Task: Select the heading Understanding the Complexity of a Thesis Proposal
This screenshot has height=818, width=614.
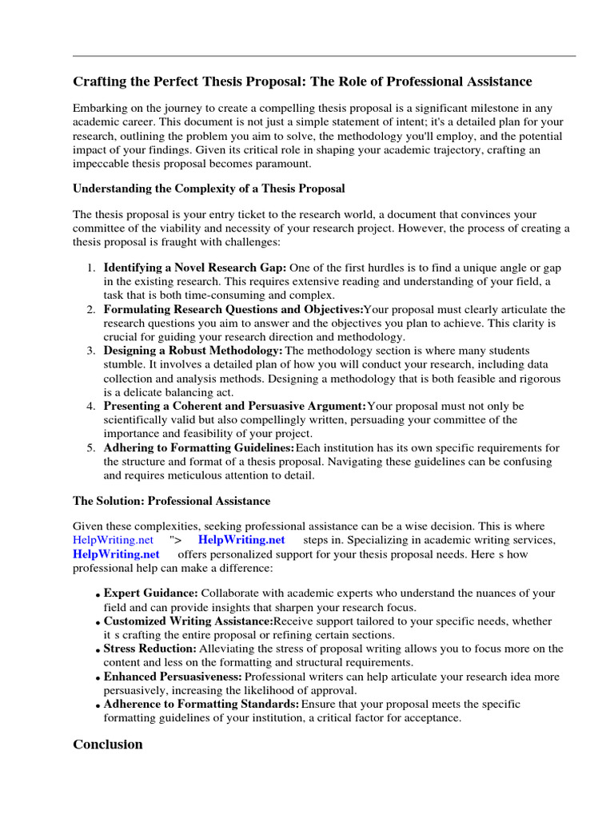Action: click(209, 189)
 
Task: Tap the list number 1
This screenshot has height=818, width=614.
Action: click(92, 267)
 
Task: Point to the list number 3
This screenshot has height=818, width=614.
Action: click(92, 351)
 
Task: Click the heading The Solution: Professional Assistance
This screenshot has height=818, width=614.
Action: click(171, 501)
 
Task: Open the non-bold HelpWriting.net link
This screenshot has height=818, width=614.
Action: click(113, 540)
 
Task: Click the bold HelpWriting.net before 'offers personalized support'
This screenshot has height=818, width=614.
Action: click(116, 554)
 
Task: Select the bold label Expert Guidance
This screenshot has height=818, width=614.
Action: click(151, 594)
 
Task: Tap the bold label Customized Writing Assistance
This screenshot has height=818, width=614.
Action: click(189, 621)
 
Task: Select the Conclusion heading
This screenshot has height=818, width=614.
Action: click(108, 745)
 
